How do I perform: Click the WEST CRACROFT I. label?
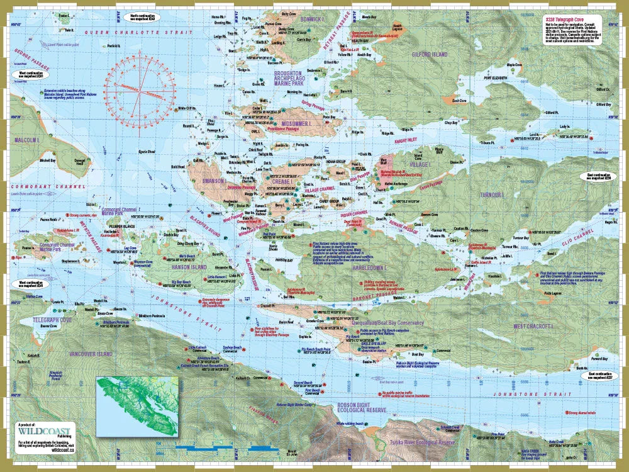(x=532, y=327)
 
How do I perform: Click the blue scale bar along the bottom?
(x=220, y=448)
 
